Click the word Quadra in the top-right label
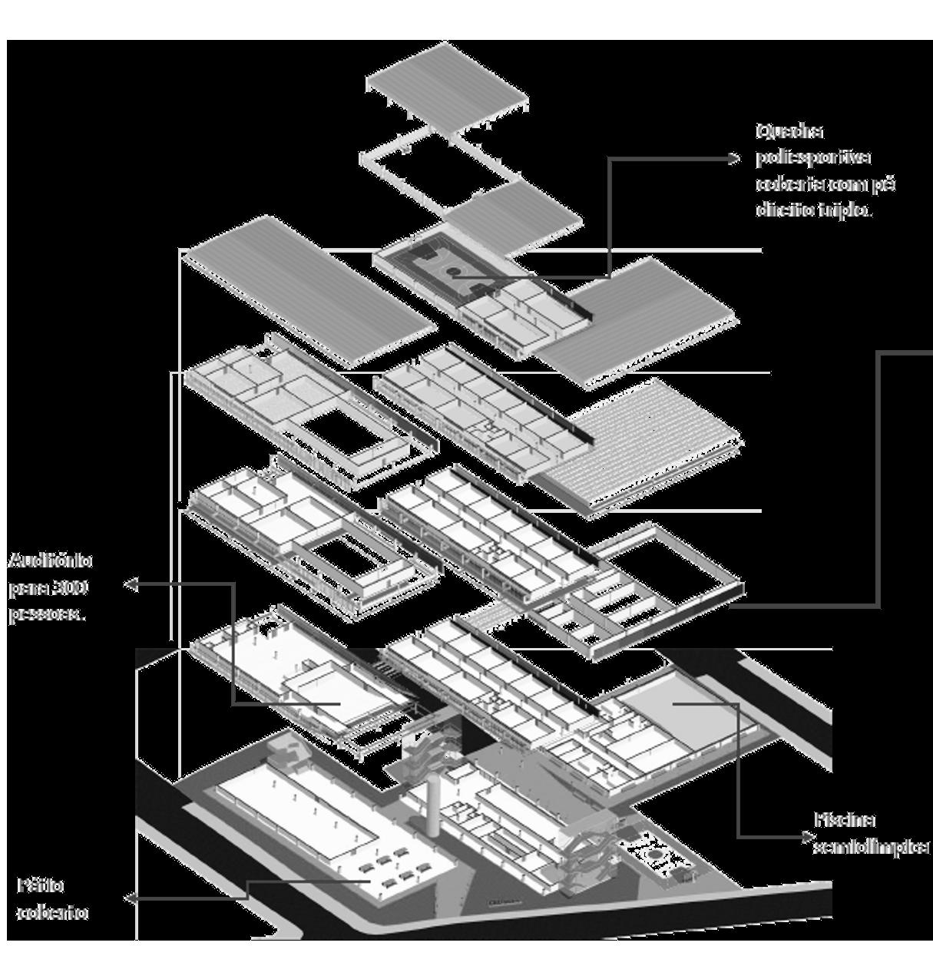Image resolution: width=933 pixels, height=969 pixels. pos(779,132)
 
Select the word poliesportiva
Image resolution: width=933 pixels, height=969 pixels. pos(813,157)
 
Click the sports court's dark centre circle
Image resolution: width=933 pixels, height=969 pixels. pos(454,272)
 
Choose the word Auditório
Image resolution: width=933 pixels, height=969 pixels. pos(51,561)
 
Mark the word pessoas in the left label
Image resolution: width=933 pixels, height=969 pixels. pos(47,615)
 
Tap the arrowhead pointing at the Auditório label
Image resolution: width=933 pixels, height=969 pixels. pos(131,586)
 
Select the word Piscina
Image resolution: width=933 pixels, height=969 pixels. pos(845,820)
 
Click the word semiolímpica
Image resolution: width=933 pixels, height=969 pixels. pos(871,847)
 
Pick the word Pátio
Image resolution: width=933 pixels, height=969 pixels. pos(41,885)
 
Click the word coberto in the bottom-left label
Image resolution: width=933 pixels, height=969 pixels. pos(52,913)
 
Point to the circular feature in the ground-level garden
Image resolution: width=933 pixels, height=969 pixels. pos(653,853)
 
